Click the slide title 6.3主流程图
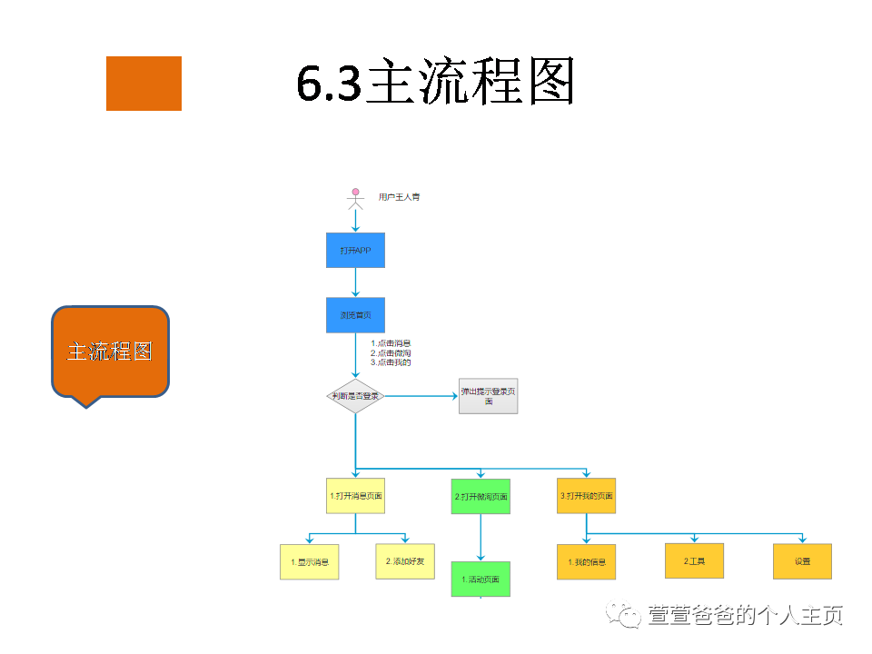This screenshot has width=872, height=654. coord(436,84)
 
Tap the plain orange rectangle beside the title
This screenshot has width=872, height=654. coord(144,84)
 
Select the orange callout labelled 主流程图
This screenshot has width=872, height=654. coord(110,352)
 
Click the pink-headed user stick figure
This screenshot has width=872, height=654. coord(355,197)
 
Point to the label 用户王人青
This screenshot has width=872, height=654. coord(400,196)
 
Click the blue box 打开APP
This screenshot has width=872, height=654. coord(355,250)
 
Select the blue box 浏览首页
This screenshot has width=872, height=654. coord(355,315)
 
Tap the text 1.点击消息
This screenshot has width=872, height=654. coord(391,343)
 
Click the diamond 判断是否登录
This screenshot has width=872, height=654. coord(355,396)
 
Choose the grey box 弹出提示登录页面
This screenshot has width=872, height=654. coord(489,396)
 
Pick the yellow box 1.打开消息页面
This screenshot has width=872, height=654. coord(355,497)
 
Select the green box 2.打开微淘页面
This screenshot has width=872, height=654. coord(481,497)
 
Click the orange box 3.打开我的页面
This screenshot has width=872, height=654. coord(586,496)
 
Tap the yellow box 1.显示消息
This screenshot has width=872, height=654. coord(309,562)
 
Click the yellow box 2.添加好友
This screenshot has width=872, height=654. coord(405,561)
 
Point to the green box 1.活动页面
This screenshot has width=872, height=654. coord(481,580)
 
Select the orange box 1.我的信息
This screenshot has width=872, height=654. coord(586,562)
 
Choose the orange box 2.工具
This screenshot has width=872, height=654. coord(694,561)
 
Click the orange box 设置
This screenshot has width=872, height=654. coord(802,561)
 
